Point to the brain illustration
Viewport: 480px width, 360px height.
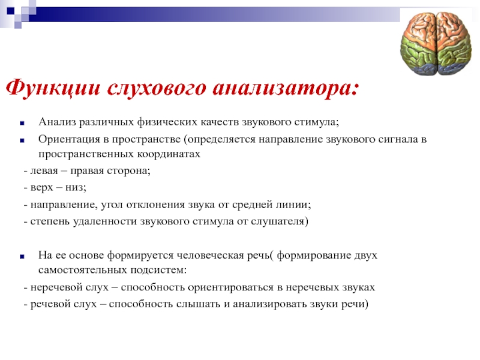click(436, 43)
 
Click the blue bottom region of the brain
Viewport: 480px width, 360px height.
click(436, 70)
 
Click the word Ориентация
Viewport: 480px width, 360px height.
click(69, 139)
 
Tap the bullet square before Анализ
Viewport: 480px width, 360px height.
click(22, 124)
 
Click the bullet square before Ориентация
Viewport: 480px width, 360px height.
click(22, 140)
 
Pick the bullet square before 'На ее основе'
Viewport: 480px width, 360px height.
click(22, 257)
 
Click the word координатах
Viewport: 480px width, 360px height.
click(169, 154)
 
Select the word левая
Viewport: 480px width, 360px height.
click(44, 170)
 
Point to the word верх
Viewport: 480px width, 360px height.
click(41, 187)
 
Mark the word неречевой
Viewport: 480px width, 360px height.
click(54, 287)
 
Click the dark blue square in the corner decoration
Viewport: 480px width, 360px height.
click(10, 11)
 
